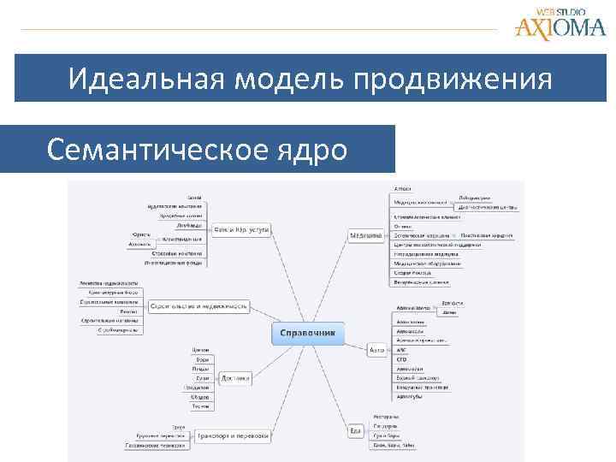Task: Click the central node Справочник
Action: (x=308, y=332)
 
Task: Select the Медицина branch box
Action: (x=366, y=234)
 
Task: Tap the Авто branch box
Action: (x=376, y=350)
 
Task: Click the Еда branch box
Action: (x=355, y=429)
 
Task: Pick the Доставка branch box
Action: (x=234, y=376)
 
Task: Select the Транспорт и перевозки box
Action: (x=233, y=435)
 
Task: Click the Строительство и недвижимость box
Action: (x=199, y=305)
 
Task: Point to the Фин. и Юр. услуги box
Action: (x=241, y=229)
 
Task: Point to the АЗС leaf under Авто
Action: (x=400, y=350)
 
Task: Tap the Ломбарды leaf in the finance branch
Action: (x=189, y=226)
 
